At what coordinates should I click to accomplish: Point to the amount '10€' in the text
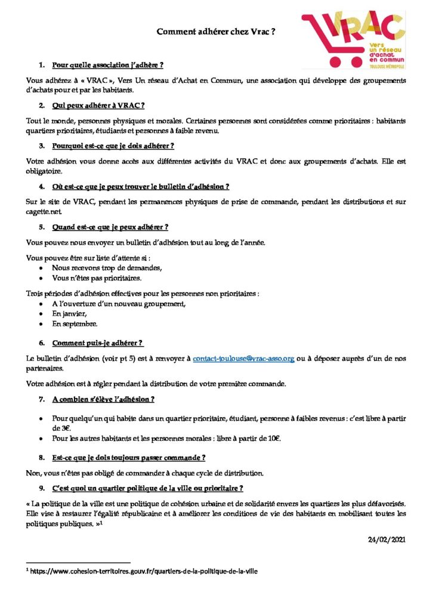(x=274, y=439)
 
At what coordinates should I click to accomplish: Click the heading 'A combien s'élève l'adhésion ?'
(x=103, y=399)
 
